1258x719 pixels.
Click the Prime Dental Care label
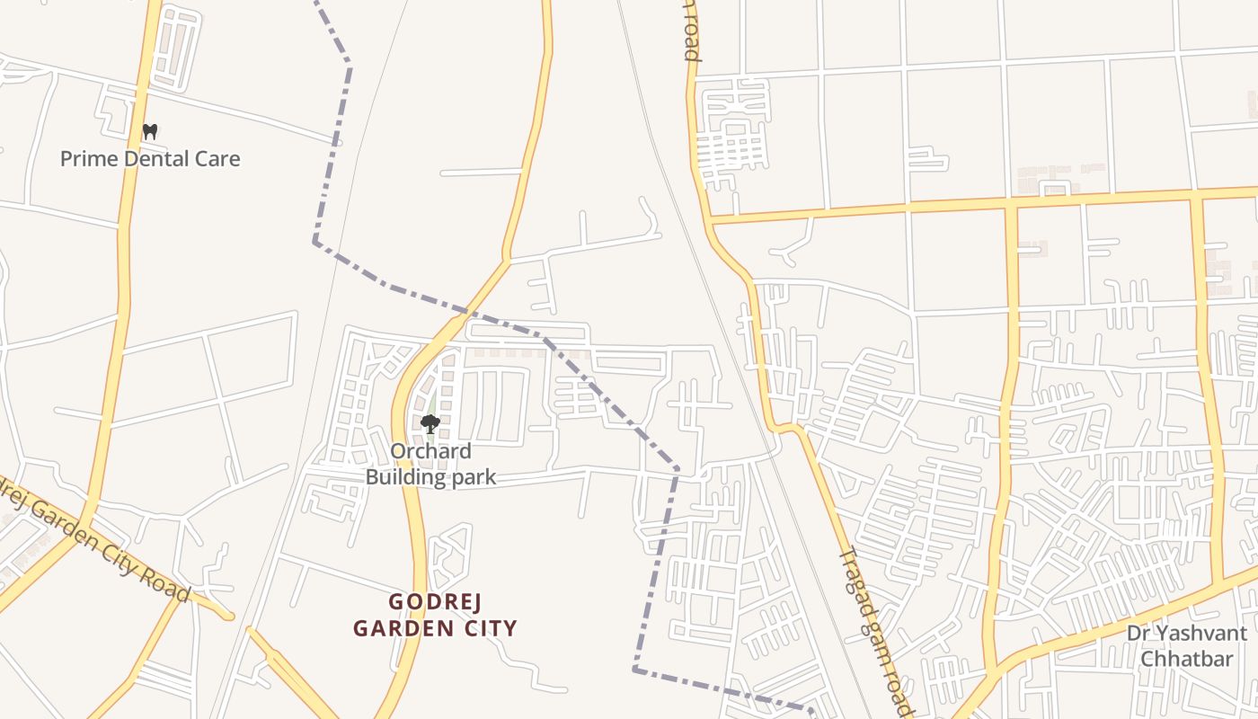click(x=150, y=159)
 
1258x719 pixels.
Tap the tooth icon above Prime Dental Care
click(x=150, y=131)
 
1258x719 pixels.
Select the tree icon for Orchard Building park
click(x=430, y=423)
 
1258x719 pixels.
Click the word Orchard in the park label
click(x=430, y=451)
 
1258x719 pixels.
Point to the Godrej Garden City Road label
click(x=94, y=538)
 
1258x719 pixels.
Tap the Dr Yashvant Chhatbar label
click(x=1186, y=646)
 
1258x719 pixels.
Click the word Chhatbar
click(x=1186, y=660)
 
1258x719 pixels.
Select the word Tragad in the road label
click(x=854, y=577)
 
